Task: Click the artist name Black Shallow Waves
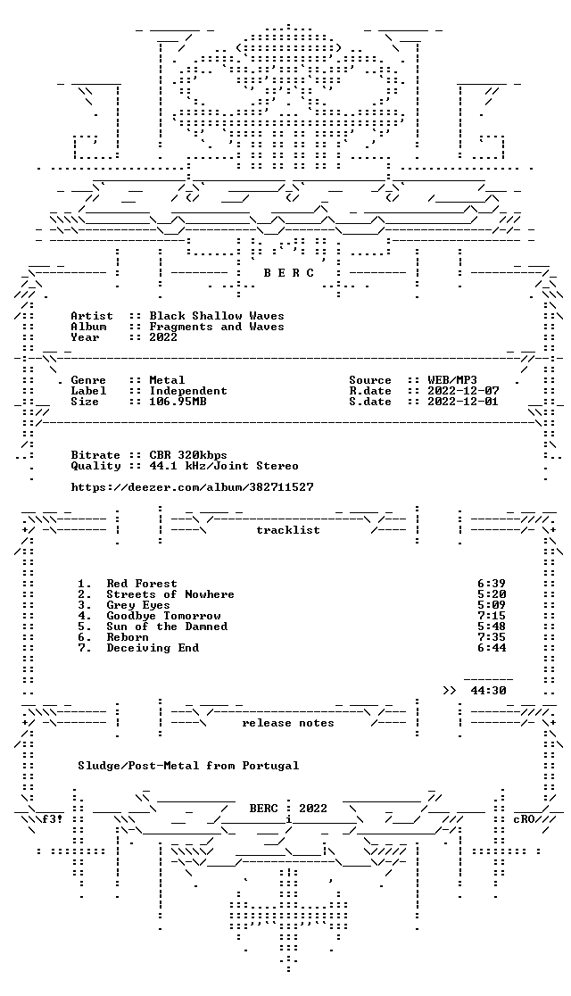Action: [x=217, y=316]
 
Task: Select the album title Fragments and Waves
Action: [x=217, y=327]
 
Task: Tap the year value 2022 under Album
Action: [x=163, y=337]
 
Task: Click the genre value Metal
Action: [x=167, y=380]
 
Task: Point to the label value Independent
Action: [x=188, y=391]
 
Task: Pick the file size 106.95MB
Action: [x=178, y=403]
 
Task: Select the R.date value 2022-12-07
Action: [x=463, y=391]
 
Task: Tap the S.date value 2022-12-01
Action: [x=463, y=403]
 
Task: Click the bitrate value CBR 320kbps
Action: [x=188, y=455]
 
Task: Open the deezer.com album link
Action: [x=193, y=487]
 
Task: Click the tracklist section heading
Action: [x=288, y=530]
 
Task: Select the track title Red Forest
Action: [x=142, y=584]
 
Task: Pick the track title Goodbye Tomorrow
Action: [x=163, y=616]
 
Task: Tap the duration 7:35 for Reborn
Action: [x=492, y=637]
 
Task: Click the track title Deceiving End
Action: [x=153, y=648]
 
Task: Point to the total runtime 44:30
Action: [x=488, y=691]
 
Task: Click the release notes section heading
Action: [x=288, y=723]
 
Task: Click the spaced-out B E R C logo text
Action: [x=288, y=273]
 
